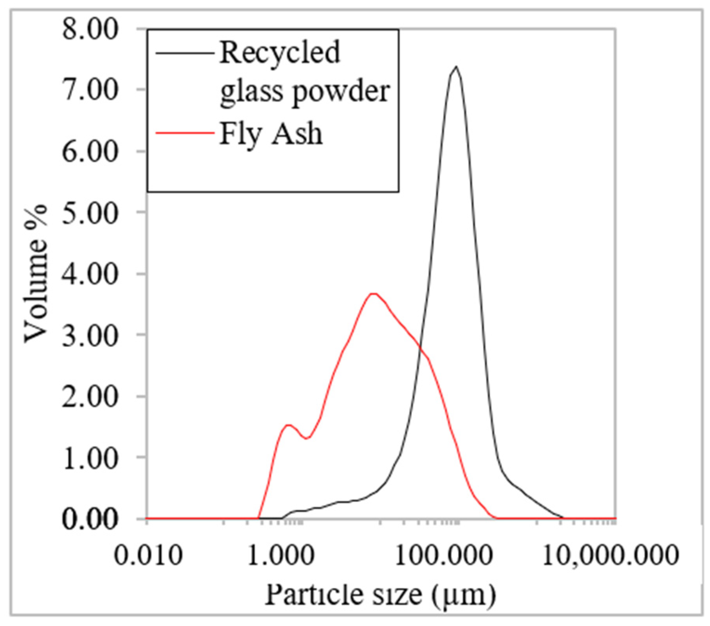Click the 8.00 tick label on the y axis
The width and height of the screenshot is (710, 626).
click(90, 29)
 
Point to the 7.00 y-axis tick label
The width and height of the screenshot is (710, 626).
click(90, 90)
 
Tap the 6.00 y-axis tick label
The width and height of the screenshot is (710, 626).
click(90, 152)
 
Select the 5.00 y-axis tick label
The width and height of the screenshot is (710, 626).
click(90, 213)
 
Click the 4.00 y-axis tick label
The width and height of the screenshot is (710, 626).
click(90, 274)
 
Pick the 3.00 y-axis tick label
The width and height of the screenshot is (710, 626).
click(90, 336)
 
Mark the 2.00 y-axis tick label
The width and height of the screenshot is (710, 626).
click(90, 397)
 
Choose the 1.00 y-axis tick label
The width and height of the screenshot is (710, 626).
click(90, 458)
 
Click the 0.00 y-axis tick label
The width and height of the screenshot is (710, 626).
click(90, 520)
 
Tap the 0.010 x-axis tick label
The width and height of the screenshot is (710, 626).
click(148, 555)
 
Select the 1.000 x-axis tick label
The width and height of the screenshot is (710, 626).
click(281, 555)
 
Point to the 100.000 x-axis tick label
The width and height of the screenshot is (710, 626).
click(443, 555)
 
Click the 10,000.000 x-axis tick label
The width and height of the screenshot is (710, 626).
click(610, 555)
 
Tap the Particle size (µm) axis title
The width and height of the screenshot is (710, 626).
click(380, 595)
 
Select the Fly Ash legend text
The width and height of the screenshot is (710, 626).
click(271, 134)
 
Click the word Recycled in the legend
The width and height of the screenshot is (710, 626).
click(280, 52)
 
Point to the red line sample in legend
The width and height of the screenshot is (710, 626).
click(184, 133)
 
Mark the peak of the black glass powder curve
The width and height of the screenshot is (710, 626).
click(456, 67)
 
